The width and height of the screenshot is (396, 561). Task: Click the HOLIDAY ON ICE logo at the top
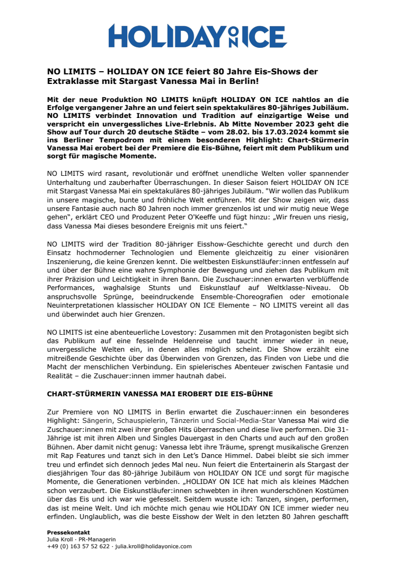[197, 36]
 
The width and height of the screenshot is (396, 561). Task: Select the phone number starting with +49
[78, 546]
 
